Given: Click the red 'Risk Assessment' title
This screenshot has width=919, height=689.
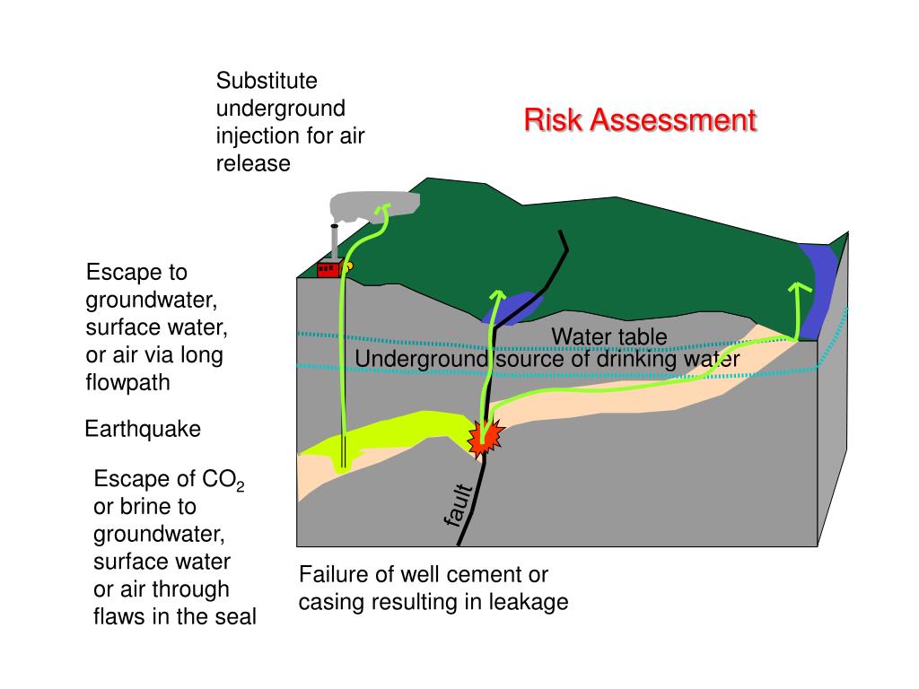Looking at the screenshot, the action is pyautogui.click(x=640, y=120).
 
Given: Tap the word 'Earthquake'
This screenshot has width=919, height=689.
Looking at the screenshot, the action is pyautogui.click(x=143, y=430).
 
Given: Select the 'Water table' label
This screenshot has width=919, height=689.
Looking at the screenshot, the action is pyautogui.click(x=608, y=337).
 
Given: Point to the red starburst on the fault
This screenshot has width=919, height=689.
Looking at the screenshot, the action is pyautogui.click(x=486, y=437).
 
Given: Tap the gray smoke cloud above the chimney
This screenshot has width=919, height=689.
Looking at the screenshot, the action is pyautogui.click(x=372, y=207).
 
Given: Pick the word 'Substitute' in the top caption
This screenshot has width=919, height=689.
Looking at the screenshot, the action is pyautogui.click(x=267, y=81).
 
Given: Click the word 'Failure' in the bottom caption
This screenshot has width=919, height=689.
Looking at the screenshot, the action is pyautogui.click(x=331, y=574).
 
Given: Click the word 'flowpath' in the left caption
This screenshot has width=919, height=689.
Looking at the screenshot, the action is pyautogui.click(x=127, y=383).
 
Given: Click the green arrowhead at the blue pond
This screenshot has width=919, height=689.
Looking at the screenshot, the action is pyautogui.click(x=495, y=295).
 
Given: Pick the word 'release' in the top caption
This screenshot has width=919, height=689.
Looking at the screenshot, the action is pyautogui.click(x=253, y=163).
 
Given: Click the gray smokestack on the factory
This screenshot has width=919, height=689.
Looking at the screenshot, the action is pyautogui.click(x=335, y=241).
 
